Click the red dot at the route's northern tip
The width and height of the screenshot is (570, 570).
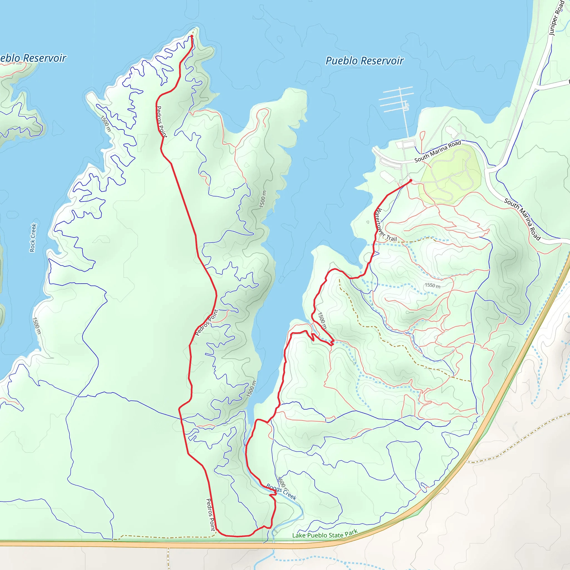pyautogui.click(x=192, y=36)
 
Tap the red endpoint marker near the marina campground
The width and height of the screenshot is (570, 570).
pyautogui.click(x=411, y=180)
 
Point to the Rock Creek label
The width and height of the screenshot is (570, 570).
pyautogui.click(x=33, y=238)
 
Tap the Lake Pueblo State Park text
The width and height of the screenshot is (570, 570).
pyautogui.click(x=325, y=534)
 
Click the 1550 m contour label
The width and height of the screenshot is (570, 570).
pyautogui.click(x=433, y=286)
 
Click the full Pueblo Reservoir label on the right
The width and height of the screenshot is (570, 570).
pyautogui.click(x=365, y=61)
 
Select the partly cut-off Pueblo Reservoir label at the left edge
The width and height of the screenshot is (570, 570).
pyautogui.click(x=33, y=58)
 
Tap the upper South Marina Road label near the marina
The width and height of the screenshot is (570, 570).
pyautogui.click(x=438, y=151)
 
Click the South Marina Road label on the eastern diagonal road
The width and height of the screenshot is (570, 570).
pyautogui.click(x=522, y=219)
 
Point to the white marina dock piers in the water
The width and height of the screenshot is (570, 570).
pyautogui.click(x=397, y=99)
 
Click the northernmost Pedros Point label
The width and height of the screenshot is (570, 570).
pyautogui.click(x=161, y=122)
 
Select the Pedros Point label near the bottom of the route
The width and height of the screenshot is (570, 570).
pyautogui.click(x=211, y=515)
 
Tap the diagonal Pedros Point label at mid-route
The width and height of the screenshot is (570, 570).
pyautogui.click(x=207, y=323)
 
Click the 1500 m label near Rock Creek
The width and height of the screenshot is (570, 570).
pyautogui.click(x=36, y=326)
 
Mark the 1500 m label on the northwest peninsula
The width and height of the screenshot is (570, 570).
pyautogui.click(x=105, y=124)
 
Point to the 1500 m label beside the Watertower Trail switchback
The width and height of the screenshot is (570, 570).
pyautogui.click(x=322, y=320)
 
